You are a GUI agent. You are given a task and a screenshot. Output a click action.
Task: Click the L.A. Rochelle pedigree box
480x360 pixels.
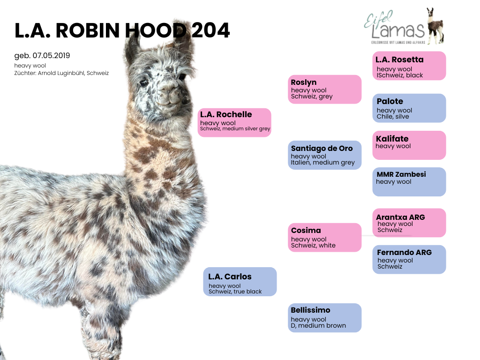click(x=234, y=122)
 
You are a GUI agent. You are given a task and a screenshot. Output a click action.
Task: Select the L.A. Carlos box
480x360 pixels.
click(x=240, y=282)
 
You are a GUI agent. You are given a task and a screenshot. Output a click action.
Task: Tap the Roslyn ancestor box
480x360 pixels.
click(x=324, y=90)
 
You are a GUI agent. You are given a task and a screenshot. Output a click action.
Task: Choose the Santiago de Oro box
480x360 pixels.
click(x=324, y=155)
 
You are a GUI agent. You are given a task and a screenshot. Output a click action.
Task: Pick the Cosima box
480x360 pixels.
click(x=324, y=238)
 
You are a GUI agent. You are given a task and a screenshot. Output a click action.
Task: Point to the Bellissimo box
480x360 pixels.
click(x=324, y=318)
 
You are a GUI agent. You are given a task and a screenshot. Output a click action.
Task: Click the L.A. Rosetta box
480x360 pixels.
click(x=409, y=66)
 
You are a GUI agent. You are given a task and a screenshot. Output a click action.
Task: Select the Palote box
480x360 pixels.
click(x=409, y=108)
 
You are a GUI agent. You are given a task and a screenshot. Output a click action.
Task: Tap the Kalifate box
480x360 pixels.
click(x=409, y=145)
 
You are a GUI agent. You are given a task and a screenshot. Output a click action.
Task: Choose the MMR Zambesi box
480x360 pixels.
click(x=409, y=182)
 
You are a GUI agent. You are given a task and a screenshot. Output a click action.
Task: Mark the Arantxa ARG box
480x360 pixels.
click(x=409, y=223)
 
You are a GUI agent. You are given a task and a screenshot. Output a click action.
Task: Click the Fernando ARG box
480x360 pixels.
click(x=409, y=260)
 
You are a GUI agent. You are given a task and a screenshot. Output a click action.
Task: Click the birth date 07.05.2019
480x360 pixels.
click(x=52, y=56)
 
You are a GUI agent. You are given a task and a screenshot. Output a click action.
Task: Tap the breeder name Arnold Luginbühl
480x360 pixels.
click(x=61, y=73)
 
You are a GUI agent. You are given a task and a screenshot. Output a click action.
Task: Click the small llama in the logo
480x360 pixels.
click(x=435, y=26)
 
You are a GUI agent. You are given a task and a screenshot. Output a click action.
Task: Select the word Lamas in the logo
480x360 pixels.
click(x=398, y=30)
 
